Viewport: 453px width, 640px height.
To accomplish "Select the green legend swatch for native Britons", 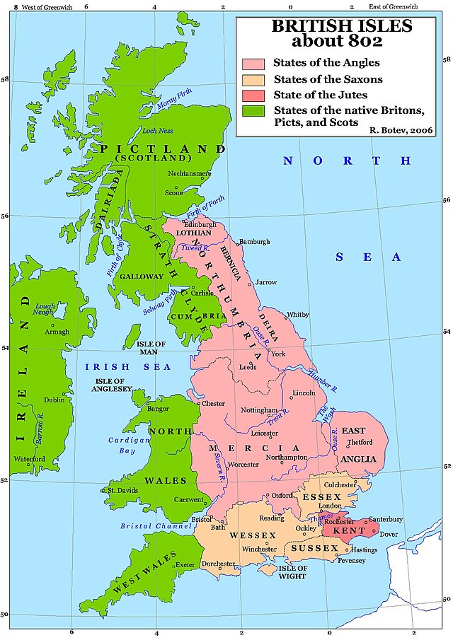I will click(x=253, y=111).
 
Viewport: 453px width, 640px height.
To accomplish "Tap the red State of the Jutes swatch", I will click(x=253, y=95).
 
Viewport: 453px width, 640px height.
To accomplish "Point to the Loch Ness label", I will click(x=158, y=129).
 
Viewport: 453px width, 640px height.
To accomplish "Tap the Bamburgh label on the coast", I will click(x=255, y=242).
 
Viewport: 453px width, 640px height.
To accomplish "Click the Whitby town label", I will click(x=298, y=315).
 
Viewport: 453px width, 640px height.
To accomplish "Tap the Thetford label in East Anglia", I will click(x=360, y=442).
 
